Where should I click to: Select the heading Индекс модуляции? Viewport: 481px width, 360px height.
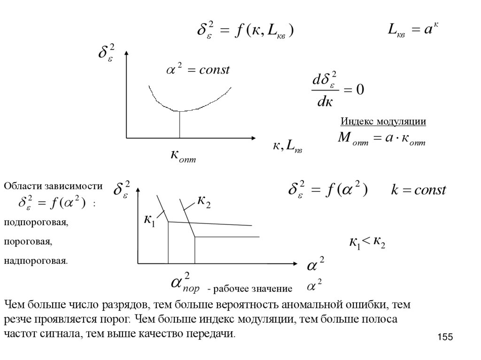click(383, 122)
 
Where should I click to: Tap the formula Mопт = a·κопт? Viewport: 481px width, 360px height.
click(381, 139)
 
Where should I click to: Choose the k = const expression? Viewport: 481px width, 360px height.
click(419, 190)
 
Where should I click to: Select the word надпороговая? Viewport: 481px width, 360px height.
click(36, 260)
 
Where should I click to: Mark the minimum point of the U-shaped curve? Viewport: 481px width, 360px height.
click(179, 111)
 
